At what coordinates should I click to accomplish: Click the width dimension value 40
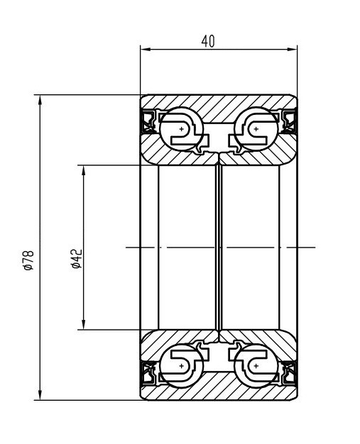pyautogui.click(x=208, y=41)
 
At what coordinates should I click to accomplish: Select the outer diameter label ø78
pyautogui.click(x=29, y=260)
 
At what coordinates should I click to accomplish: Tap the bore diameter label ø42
pyautogui.click(x=77, y=259)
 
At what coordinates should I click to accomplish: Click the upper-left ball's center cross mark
pyautogui.click(x=181, y=129)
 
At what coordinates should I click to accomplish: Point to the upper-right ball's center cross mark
pyautogui.click(x=256, y=129)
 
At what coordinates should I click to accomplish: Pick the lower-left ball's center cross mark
pyautogui.click(x=181, y=366)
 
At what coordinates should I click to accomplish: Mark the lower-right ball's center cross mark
pyautogui.click(x=256, y=366)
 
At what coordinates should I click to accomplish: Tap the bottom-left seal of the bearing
pyautogui.click(x=148, y=373)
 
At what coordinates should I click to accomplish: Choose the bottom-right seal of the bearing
pyautogui.click(x=289, y=373)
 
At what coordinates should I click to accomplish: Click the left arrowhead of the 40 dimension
pyautogui.click(x=145, y=49)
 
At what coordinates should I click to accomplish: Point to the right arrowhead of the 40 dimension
pyautogui.click(x=293, y=49)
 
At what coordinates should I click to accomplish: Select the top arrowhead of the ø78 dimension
pyautogui.click(x=40, y=100)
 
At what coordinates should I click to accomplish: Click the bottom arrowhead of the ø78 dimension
pyautogui.click(x=40, y=395)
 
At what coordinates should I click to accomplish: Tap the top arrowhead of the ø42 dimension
pyautogui.click(x=83, y=170)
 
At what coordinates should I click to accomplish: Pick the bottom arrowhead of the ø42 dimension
pyautogui.click(x=83, y=325)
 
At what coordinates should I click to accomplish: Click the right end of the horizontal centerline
pyautogui.click(x=315, y=248)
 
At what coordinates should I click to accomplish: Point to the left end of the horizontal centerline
pyautogui.click(x=126, y=248)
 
